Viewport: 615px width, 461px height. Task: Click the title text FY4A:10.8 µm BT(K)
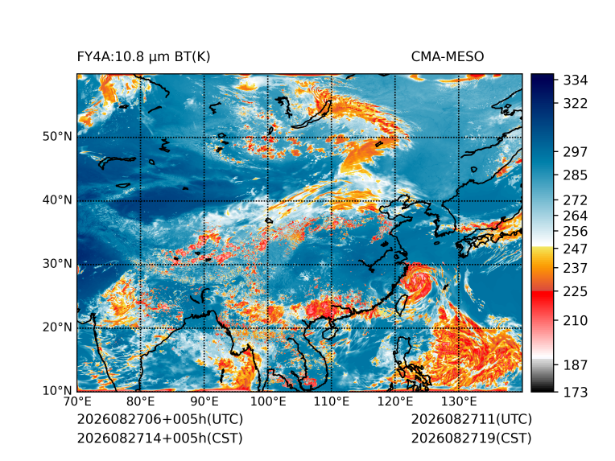pos(143,57)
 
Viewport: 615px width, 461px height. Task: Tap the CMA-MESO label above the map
pos(448,57)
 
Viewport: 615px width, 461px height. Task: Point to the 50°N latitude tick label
pos(57,137)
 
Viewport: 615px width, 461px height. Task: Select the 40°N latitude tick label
pos(57,200)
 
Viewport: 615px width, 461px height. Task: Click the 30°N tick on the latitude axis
pos(57,263)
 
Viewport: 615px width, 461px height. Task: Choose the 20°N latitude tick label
pos(57,327)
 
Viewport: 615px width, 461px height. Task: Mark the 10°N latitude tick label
pos(57,390)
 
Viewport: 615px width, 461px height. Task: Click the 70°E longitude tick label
pos(77,401)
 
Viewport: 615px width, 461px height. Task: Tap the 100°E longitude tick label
pos(268,401)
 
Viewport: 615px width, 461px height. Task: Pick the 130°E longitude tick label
pos(459,401)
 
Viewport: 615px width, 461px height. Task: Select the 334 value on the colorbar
pos(576,80)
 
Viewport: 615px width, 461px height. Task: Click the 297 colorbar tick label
pos(576,152)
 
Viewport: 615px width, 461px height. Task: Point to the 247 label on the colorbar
pos(576,249)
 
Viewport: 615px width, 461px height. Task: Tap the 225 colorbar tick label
pos(576,292)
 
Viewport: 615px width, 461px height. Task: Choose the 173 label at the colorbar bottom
pos(576,392)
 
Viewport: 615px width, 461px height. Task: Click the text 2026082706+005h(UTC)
pos(160,419)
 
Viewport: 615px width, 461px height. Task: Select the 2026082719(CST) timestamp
pos(472,438)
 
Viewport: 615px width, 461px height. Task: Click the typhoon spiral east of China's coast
pos(418,281)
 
